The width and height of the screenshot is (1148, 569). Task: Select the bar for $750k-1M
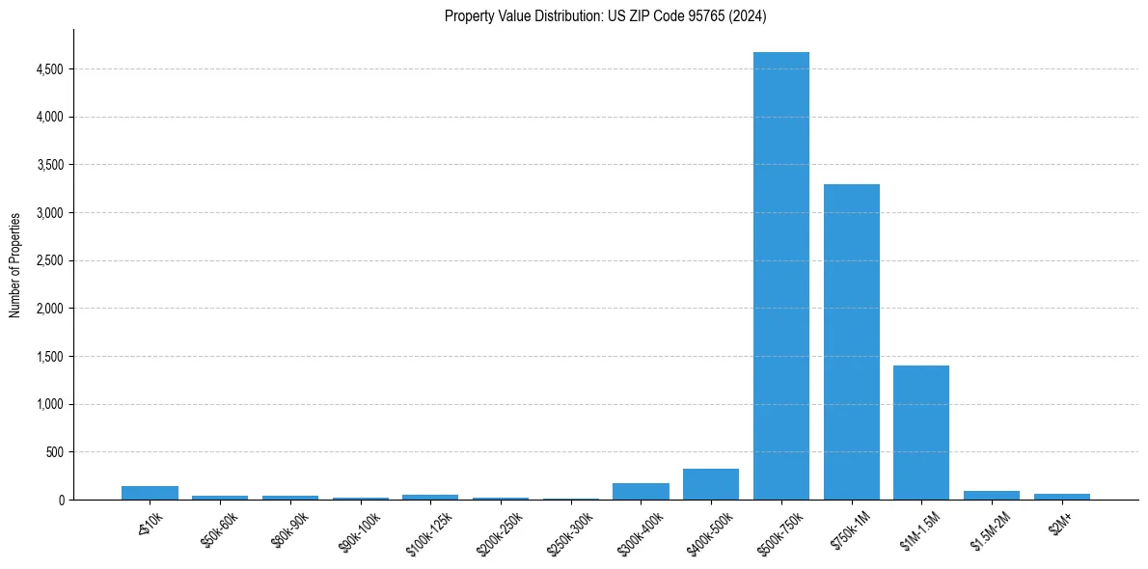pyautogui.click(x=851, y=341)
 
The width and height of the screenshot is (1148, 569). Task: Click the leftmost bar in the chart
pyautogui.click(x=150, y=493)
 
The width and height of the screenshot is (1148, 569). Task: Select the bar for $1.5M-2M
pyautogui.click(x=992, y=496)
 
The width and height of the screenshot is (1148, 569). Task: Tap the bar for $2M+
pyautogui.click(x=1061, y=497)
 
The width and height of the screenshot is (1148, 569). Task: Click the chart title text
pyautogui.click(x=605, y=15)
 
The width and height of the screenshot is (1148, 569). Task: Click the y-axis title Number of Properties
pyautogui.click(x=15, y=264)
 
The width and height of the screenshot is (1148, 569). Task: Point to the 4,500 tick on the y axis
pyautogui.click(x=49, y=69)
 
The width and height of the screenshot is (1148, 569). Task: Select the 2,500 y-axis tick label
pyautogui.click(x=49, y=260)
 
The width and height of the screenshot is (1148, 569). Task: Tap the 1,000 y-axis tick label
pyautogui.click(x=49, y=404)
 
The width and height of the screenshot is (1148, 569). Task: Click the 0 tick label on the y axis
pyautogui.click(x=60, y=500)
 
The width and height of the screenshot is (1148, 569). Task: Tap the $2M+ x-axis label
pyautogui.click(x=1061, y=525)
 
